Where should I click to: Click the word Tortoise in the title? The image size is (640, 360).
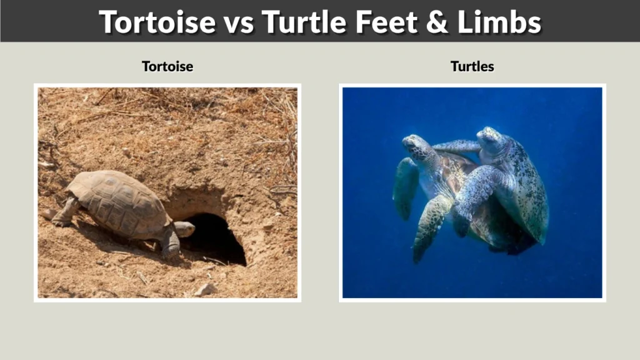pyautogui.click(x=156, y=22)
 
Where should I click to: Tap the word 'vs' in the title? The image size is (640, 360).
pyautogui.click(x=237, y=22)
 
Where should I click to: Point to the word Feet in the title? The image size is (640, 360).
pyautogui.click(x=388, y=22)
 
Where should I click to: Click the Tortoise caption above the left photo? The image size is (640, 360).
pyautogui.click(x=167, y=66)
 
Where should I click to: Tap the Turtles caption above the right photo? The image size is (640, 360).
pyautogui.click(x=472, y=66)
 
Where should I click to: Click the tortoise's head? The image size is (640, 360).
pyautogui.click(x=184, y=229)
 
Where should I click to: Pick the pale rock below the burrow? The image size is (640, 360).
pyautogui.click(x=204, y=289)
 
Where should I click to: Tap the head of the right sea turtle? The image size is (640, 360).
pyautogui.click(x=490, y=138)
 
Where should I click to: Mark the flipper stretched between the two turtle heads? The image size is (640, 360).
pyautogui.click(x=456, y=147)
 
